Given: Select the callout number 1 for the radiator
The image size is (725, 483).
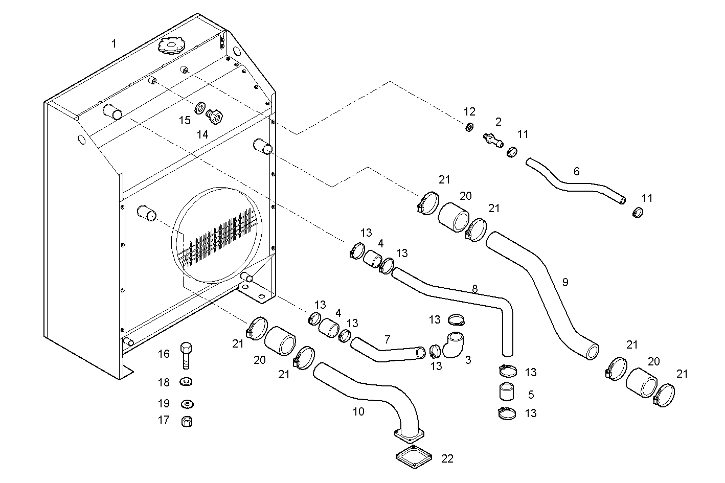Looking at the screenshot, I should tap(114, 44).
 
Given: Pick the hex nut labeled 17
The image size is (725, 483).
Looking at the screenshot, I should tap(187, 422).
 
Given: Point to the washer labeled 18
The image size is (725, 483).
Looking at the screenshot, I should tap(187, 382).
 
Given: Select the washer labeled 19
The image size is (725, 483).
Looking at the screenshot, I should tap(187, 404).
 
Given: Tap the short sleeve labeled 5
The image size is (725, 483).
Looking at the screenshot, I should tap(507, 392).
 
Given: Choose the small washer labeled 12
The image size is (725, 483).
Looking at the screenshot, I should tap(469, 127).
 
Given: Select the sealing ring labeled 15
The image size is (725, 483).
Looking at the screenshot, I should tap(199, 108).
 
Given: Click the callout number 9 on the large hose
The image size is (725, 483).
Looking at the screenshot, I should tap(565, 282).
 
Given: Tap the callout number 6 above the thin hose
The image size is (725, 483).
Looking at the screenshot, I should tap(576, 171).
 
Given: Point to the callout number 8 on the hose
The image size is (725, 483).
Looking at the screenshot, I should tap(474, 289).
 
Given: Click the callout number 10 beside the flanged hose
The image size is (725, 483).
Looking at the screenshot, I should tap(358, 411).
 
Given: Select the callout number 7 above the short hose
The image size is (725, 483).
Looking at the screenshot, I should tap(387, 339).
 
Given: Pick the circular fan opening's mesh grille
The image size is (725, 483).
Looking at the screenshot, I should tap(217, 238).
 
